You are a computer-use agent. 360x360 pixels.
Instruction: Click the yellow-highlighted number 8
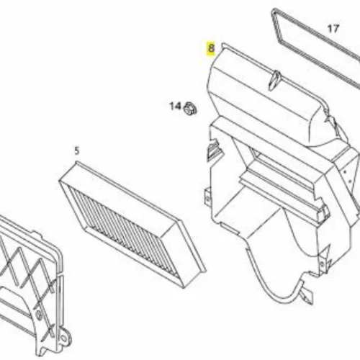point(211,48)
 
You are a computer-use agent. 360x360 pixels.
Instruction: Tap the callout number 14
point(176,106)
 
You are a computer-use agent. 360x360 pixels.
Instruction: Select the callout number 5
point(76,151)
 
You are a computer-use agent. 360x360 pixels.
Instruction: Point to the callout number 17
point(333,29)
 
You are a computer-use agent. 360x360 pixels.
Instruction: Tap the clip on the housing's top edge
point(274,81)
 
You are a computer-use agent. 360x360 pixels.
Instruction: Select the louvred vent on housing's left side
point(215,149)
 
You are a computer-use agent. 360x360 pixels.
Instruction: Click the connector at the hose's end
point(307,297)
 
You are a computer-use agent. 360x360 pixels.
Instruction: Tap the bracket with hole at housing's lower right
point(323,263)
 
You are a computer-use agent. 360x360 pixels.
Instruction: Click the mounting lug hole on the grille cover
point(63,338)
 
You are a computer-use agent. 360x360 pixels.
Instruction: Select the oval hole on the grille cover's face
point(38,315)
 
